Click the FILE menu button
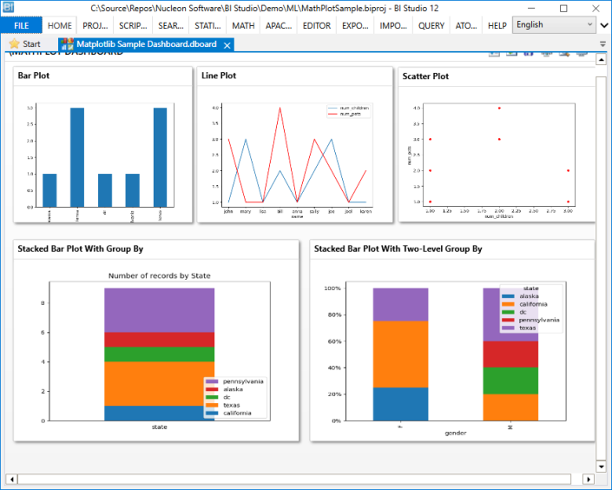point(21,26)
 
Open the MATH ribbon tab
point(243,26)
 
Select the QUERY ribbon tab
point(431,26)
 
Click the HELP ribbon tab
point(497,26)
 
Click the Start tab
point(25,43)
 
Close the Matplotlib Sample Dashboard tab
point(227,44)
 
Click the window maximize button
point(563,8)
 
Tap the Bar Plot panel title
point(34,76)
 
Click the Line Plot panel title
point(219,76)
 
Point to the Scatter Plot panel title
point(425,76)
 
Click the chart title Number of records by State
point(159,275)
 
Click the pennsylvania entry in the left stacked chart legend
point(243,381)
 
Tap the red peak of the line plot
point(280,108)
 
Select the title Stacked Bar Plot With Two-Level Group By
point(398,248)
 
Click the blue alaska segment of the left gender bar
point(400,403)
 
